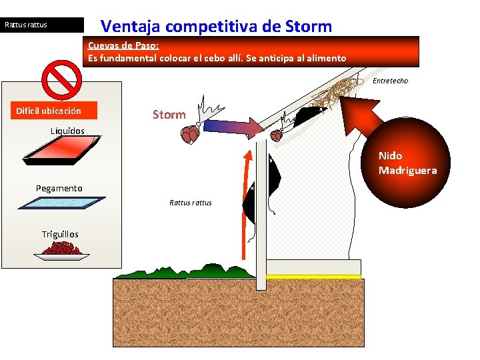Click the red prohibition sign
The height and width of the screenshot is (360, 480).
pos(61,81)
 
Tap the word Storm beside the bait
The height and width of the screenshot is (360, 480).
pos(169,115)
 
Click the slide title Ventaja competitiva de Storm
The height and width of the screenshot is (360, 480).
pos(215,27)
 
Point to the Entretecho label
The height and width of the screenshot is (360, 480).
pos(390,81)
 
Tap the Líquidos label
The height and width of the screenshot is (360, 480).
pos(67,131)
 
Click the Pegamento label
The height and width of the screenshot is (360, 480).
pos(59,189)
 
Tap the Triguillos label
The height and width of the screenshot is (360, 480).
pos(60,234)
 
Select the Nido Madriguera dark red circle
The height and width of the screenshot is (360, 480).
pos(407,163)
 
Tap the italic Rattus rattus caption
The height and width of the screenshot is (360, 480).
pos(190,203)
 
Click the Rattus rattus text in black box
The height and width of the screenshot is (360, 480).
pos(27,25)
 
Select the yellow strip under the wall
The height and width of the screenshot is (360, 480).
pos(313,277)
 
